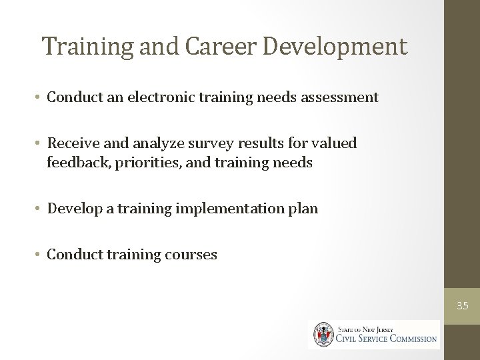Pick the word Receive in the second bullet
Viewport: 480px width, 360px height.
[72, 143]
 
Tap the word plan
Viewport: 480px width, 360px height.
[303, 209]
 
